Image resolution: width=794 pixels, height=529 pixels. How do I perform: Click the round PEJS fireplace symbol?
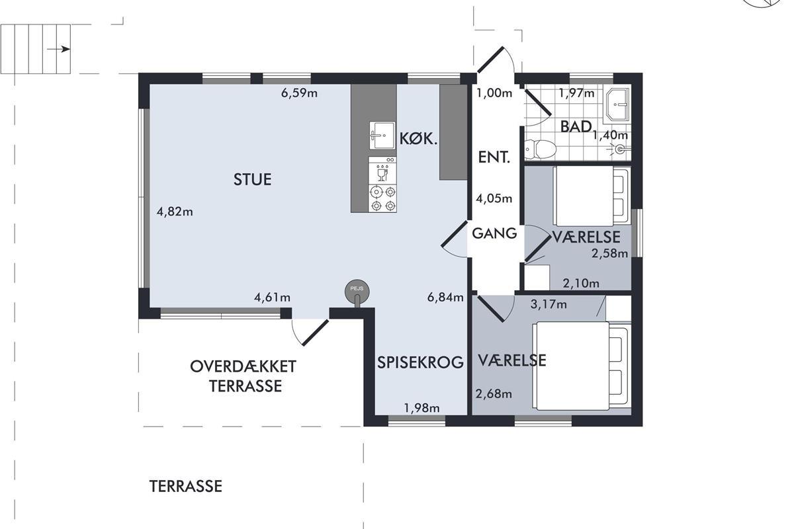(x=357, y=291)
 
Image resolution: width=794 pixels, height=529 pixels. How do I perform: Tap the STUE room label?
(x=252, y=180)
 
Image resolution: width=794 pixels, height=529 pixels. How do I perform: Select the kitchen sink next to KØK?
(x=382, y=136)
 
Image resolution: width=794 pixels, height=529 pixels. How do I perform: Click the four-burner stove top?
(x=382, y=199)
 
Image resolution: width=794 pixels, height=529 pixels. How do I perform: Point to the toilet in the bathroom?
(x=540, y=149)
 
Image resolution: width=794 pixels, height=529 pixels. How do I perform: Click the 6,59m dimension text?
(x=299, y=93)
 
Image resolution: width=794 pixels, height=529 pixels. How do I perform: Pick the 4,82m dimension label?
(x=175, y=212)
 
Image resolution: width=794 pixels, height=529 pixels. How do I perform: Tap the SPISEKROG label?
(x=420, y=362)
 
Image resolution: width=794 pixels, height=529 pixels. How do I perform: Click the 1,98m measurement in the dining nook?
(x=422, y=409)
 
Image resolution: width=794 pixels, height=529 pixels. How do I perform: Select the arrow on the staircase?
(x=58, y=49)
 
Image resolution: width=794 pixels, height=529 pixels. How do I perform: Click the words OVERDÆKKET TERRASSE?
(x=243, y=376)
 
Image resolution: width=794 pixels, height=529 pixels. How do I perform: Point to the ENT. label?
(x=494, y=157)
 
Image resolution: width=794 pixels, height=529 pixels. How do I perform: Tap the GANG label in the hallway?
(x=494, y=233)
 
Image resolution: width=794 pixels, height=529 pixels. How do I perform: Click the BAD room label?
(x=576, y=126)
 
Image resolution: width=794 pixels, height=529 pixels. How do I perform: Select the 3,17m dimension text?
(x=549, y=304)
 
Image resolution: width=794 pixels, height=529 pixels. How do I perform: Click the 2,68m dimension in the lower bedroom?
(x=494, y=394)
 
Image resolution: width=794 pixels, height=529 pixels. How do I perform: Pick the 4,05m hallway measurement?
(x=494, y=198)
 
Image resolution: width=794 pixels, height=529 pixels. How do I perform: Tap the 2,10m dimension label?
(x=581, y=283)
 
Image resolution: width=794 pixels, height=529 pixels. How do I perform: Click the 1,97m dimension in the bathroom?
(x=577, y=93)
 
